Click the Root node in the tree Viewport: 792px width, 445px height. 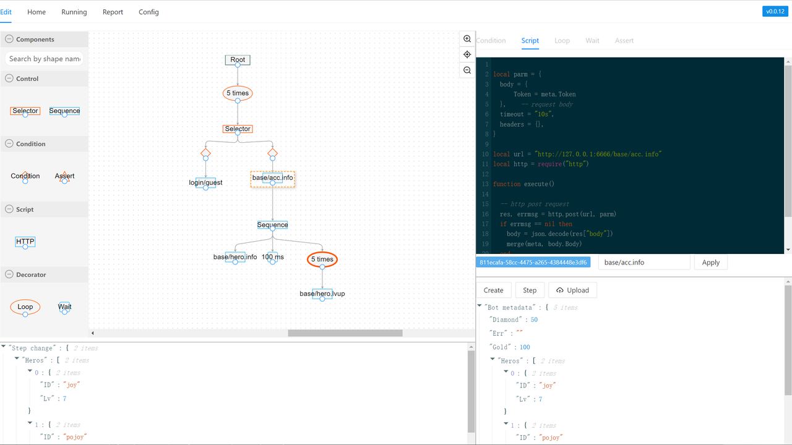tap(238, 60)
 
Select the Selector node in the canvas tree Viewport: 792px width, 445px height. tap(238, 129)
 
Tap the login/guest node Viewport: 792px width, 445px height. tap(205, 182)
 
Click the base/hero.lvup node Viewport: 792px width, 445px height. tap(322, 294)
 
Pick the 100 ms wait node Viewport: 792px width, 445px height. tap(272, 256)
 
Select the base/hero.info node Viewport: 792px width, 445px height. tap(235, 256)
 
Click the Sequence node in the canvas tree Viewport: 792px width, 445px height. tap(272, 225)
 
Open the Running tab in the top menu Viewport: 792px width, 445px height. tap(74, 12)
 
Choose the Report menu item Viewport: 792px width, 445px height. tap(113, 12)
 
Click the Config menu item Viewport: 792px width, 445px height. tap(148, 12)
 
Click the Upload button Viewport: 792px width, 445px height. tap(572, 290)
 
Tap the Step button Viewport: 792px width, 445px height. tap(530, 290)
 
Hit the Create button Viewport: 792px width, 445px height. tap(494, 290)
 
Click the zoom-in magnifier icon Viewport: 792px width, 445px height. tap(467, 39)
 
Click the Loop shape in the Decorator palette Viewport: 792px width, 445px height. tap(25, 307)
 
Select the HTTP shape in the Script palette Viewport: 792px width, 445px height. tap(25, 242)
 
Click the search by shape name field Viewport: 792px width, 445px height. tap(45, 59)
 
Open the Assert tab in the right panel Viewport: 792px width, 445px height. tap(624, 41)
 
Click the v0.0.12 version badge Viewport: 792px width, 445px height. tap(775, 11)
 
